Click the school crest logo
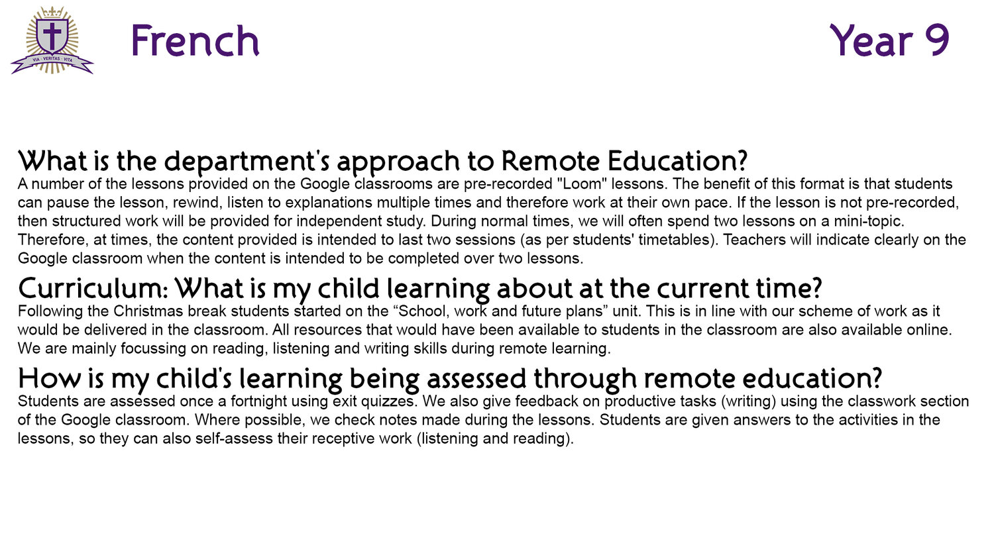coord(52,40)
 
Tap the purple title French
coord(195,41)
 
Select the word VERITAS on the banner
coord(52,59)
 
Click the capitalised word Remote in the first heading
coord(550,161)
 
